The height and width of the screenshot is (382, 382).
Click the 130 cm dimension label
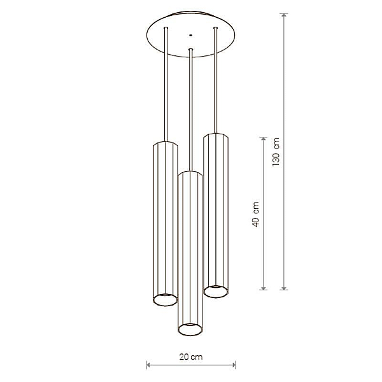click(x=276, y=152)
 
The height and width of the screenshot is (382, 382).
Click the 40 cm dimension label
click(x=255, y=214)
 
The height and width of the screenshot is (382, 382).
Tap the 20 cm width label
click(x=191, y=357)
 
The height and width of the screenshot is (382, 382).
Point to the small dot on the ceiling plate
click(x=190, y=35)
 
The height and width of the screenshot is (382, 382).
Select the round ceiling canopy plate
click(x=191, y=34)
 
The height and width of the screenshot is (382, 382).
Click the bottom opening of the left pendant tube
click(x=166, y=299)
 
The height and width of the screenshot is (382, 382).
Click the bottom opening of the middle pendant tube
click(x=190, y=329)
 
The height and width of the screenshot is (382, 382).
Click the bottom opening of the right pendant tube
click(x=216, y=292)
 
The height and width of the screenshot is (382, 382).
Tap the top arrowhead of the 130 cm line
click(x=284, y=15)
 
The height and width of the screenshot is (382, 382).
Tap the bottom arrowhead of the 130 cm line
click(x=284, y=288)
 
